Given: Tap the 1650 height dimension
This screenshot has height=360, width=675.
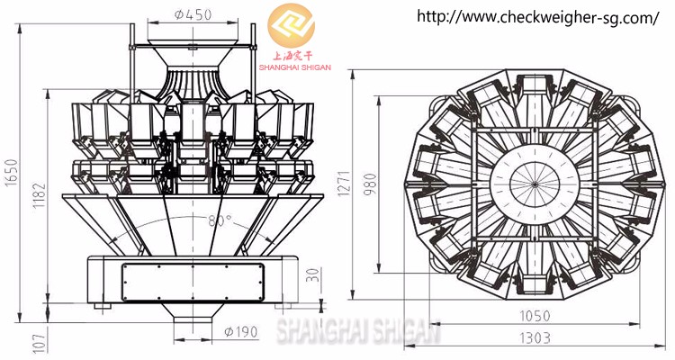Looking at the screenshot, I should pos(11,171).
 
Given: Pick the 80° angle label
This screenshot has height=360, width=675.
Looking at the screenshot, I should pos(219,220).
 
